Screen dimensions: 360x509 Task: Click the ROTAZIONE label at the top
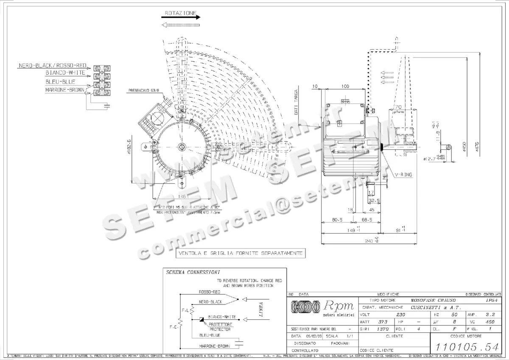180,14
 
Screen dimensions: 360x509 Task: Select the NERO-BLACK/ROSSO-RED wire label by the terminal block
53,66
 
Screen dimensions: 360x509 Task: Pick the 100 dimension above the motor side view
345,86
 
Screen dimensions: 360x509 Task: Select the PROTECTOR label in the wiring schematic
220,329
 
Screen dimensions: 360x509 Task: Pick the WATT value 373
383,321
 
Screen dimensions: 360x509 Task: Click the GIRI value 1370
383,329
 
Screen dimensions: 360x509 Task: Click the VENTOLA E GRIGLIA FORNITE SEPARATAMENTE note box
241,253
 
